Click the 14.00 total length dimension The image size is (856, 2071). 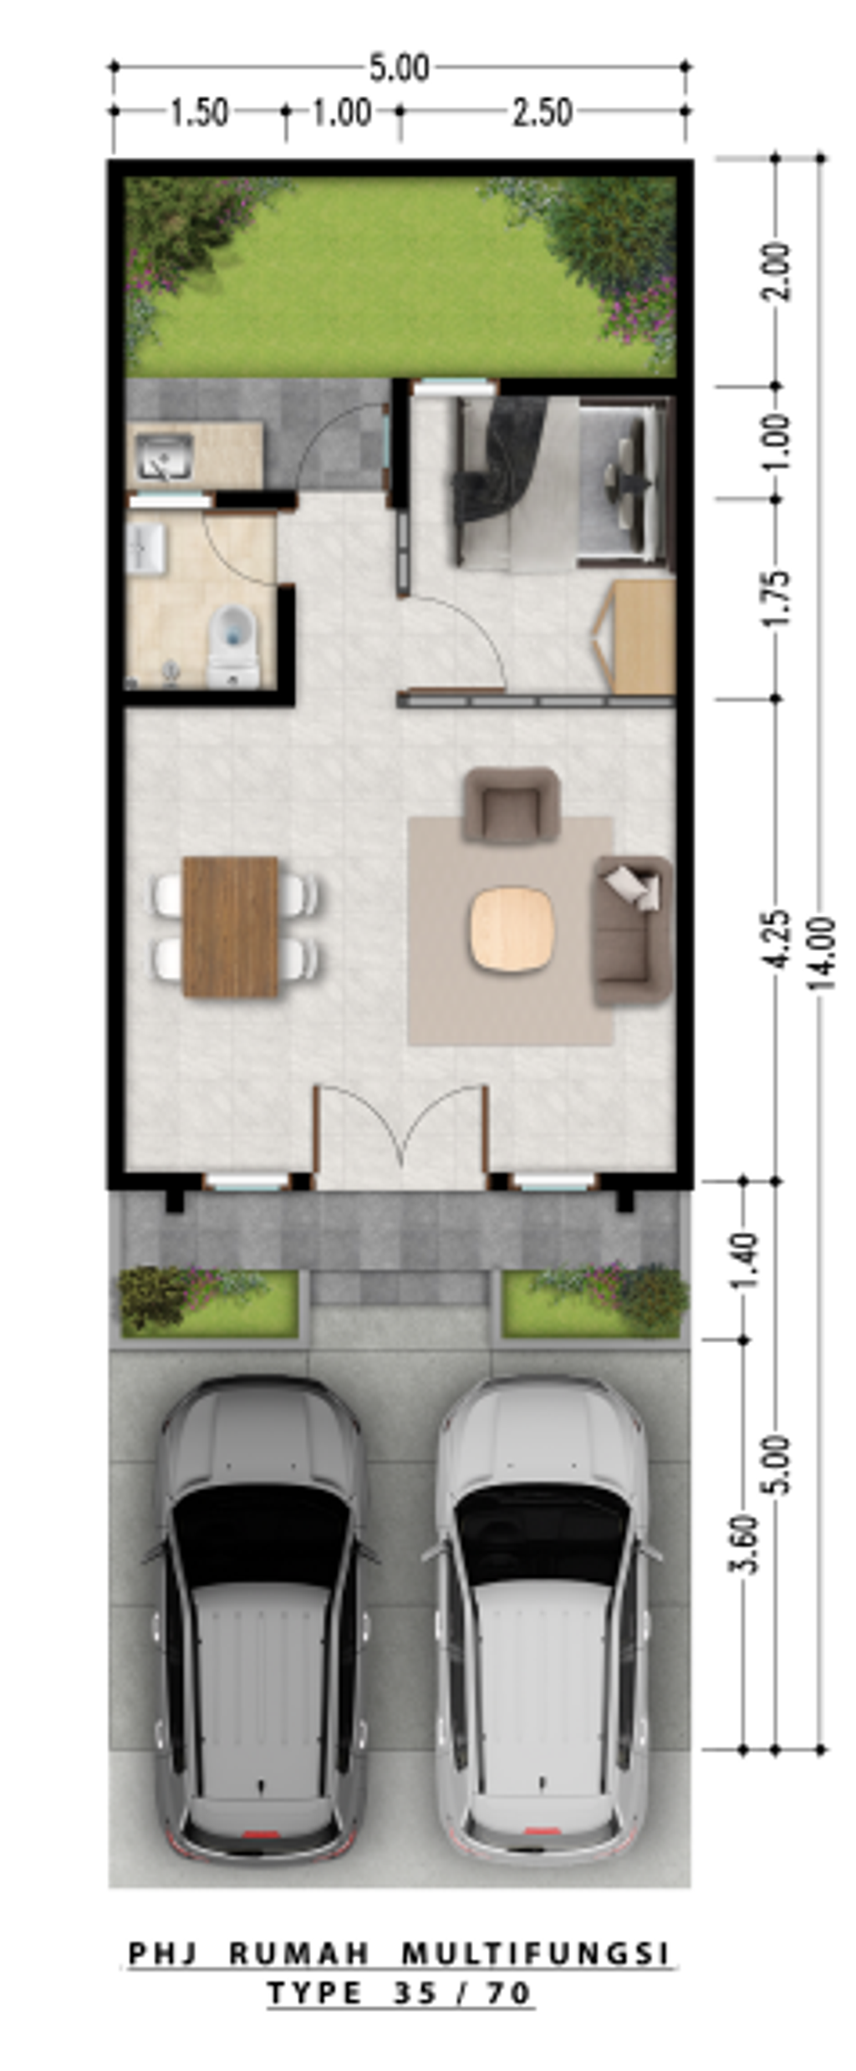point(822,953)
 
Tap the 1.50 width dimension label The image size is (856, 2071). point(199,113)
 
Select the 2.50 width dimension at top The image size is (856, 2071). point(542,113)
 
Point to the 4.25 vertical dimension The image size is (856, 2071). point(777,939)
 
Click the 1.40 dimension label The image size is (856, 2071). point(744,1259)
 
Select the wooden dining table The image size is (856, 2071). point(230,926)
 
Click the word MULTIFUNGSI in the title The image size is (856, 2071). point(536,1954)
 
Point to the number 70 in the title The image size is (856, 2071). point(509,1993)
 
